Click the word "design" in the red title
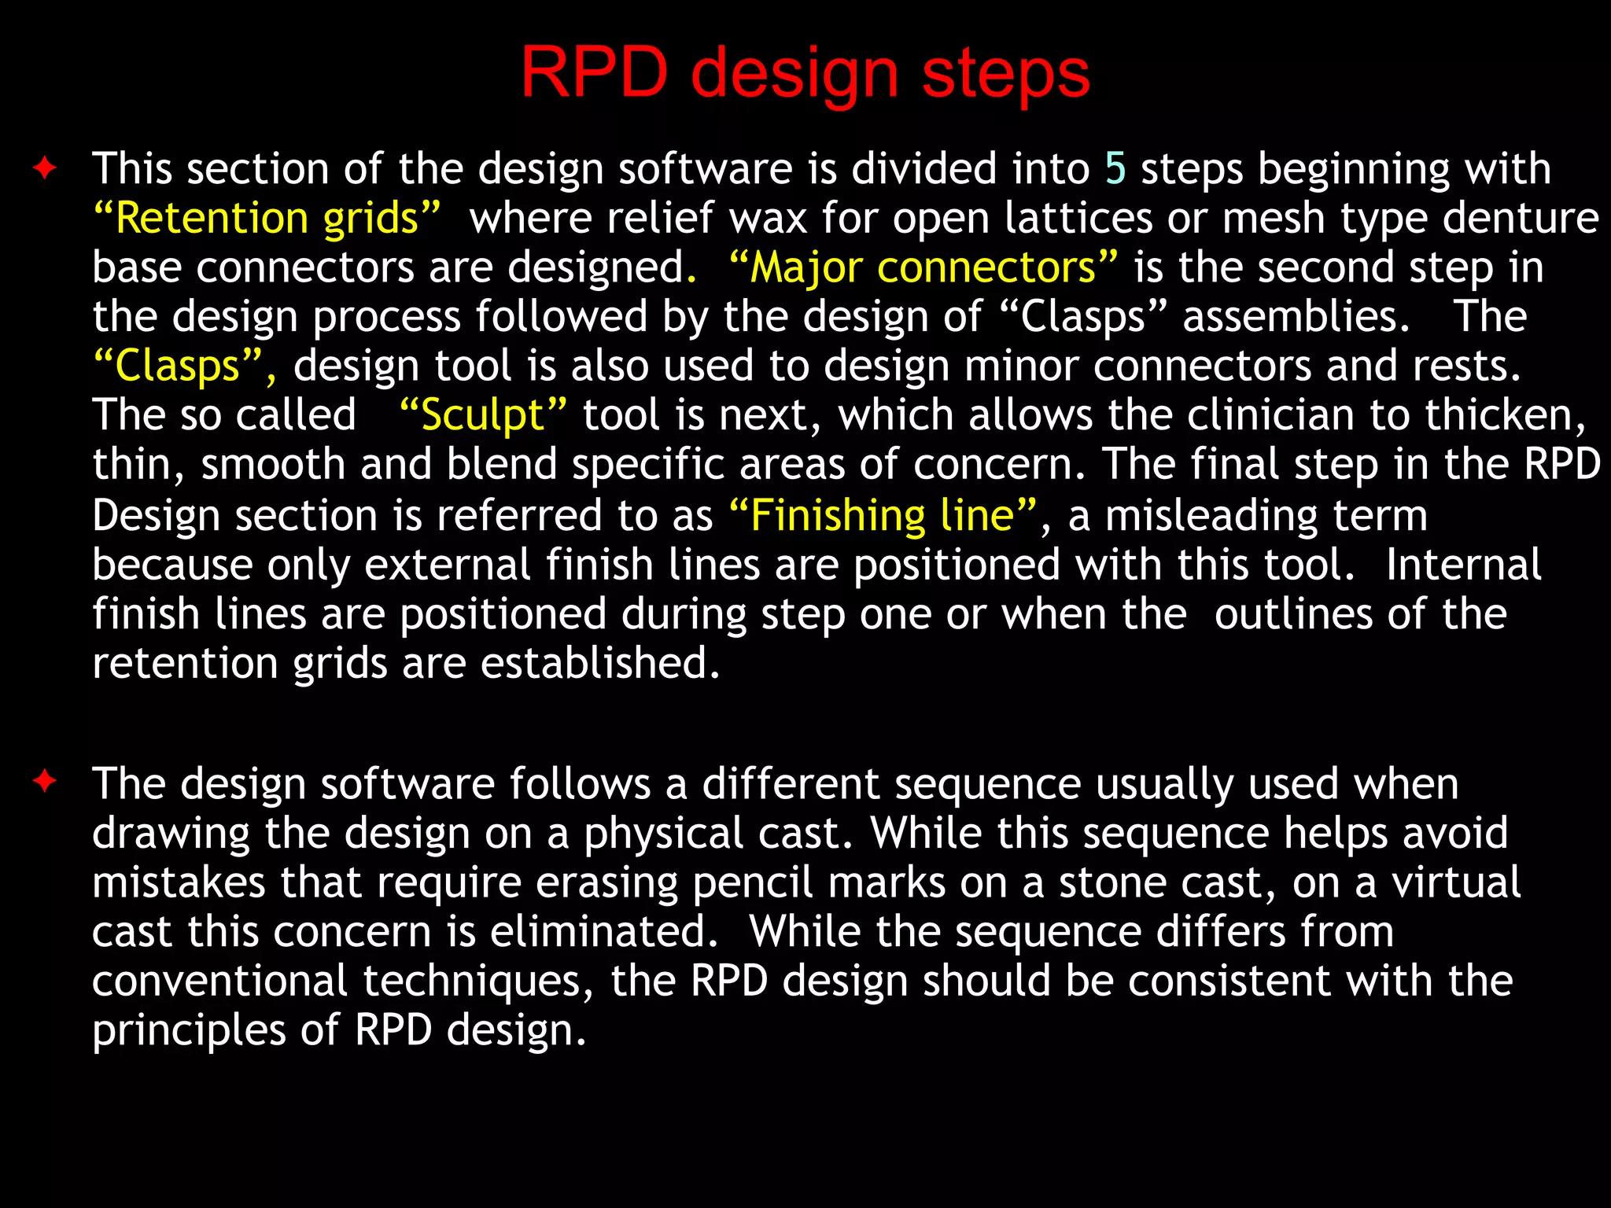794,75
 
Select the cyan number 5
1115,168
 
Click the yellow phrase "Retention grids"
267,218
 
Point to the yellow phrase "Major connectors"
923,267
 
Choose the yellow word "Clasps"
178,366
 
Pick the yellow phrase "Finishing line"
883,516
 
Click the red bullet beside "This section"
45,168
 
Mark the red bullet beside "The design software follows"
45,782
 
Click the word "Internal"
1463,565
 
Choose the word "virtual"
1456,882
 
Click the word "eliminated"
603,931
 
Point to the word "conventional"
219,981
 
